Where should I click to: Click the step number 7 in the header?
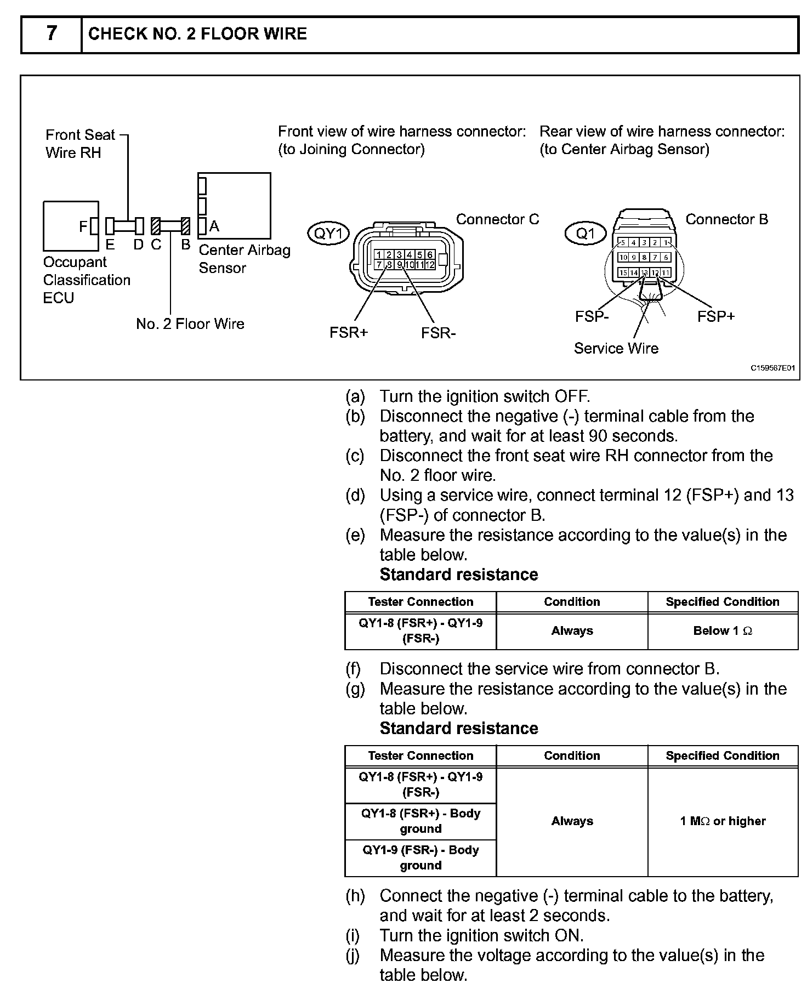[x=51, y=34]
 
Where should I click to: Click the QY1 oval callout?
[x=328, y=234]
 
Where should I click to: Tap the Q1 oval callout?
[x=585, y=234]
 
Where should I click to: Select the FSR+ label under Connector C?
[x=349, y=333]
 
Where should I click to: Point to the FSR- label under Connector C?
[x=439, y=333]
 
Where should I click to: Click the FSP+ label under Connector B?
[x=715, y=316]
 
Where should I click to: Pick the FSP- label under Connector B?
[x=592, y=316]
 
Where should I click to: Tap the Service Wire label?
[x=616, y=348]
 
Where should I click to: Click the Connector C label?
[x=497, y=219]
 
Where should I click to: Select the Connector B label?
[x=726, y=219]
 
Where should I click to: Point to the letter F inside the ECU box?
[x=83, y=226]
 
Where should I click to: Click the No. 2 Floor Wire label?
[x=190, y=323]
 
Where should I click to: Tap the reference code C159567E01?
[x=772, y=368]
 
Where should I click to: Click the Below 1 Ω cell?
[x=723, y=631]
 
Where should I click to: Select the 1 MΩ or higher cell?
[x=723, y=821]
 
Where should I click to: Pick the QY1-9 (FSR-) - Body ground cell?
[x=420, y=857]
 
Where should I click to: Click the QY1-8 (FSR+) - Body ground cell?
[x=420, y=821]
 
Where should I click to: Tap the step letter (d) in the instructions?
[x=355, y=495]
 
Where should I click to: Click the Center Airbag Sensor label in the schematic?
[x=244, y=259]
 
